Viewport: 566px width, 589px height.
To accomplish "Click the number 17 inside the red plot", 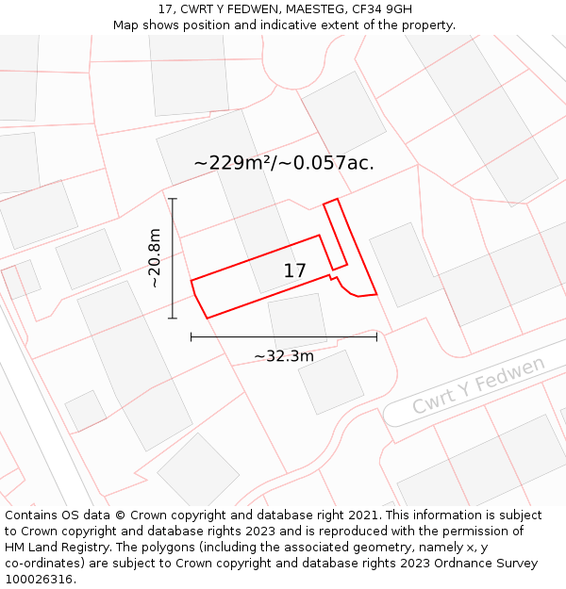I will click(x=294, y=271).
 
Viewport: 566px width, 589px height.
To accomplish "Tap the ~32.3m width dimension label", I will click(x=284, y=356).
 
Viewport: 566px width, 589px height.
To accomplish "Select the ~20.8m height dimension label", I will click(x=155, y=258).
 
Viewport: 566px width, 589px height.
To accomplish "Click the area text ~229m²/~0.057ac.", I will click(x=284, y=162).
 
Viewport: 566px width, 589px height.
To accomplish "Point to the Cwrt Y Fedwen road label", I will click(x=478, y=385).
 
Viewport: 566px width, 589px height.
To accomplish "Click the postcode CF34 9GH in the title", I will click(x=383, y=8).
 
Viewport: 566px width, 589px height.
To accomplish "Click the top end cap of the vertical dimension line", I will click(x=173, y=199).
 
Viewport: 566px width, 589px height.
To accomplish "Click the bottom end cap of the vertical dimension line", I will click(x=173, y=319).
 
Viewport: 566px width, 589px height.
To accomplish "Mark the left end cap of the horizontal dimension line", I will click(x=191, y=335).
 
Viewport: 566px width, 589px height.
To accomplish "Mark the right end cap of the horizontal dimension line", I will click(x=376, y=335).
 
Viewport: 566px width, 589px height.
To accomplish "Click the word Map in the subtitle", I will click(x=126, y=25).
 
